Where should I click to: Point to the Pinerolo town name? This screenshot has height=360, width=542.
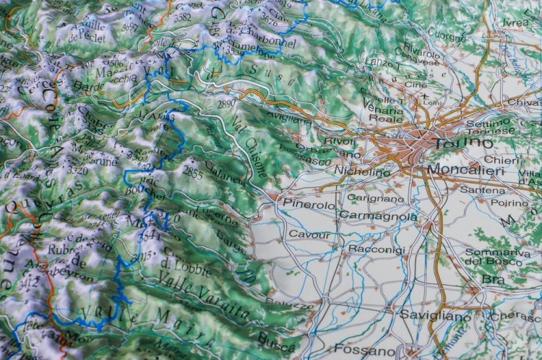[x=309, y=205]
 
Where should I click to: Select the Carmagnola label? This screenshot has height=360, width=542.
[x=378, y=216]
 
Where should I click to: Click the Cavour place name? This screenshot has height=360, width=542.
[x=309, y=234]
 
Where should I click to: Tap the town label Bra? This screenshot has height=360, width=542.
[x=494, y=279]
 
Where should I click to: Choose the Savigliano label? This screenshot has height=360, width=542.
[x=435, y=317]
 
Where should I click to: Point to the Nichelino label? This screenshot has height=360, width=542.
[x=363, y=172]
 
